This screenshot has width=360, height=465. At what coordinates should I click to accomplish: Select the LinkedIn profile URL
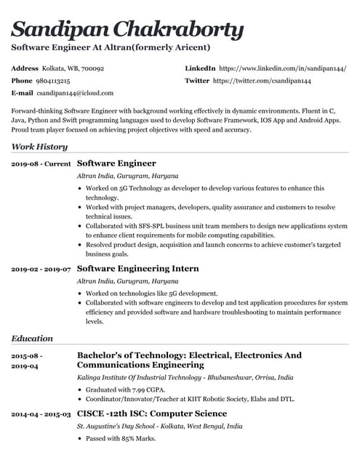[282, 68]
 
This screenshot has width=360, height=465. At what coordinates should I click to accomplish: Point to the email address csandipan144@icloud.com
[76, 94]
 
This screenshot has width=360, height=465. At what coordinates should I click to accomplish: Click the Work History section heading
[40, 147]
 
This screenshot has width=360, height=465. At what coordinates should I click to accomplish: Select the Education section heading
[32, 338]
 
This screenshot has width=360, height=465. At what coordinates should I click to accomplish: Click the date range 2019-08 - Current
[41, 164]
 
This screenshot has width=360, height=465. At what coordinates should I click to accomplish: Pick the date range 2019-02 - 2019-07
[41, 269]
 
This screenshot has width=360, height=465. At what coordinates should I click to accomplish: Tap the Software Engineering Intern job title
[137, 268]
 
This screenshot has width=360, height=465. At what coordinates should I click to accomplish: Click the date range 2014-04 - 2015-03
[41, 414]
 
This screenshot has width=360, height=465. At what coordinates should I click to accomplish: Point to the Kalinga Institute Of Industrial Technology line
[185, 378]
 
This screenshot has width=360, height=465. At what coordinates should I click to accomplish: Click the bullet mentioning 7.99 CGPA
[126, 389]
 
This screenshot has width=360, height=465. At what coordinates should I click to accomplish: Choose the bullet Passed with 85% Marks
[121, 438]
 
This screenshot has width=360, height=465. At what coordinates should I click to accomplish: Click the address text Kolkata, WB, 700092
[73, 68]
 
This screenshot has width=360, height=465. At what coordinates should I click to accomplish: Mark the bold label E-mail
[23, 94]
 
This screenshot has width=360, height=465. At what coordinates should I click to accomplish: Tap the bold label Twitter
[197, 81]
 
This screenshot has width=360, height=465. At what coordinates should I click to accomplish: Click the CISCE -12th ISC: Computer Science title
[152, 413]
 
